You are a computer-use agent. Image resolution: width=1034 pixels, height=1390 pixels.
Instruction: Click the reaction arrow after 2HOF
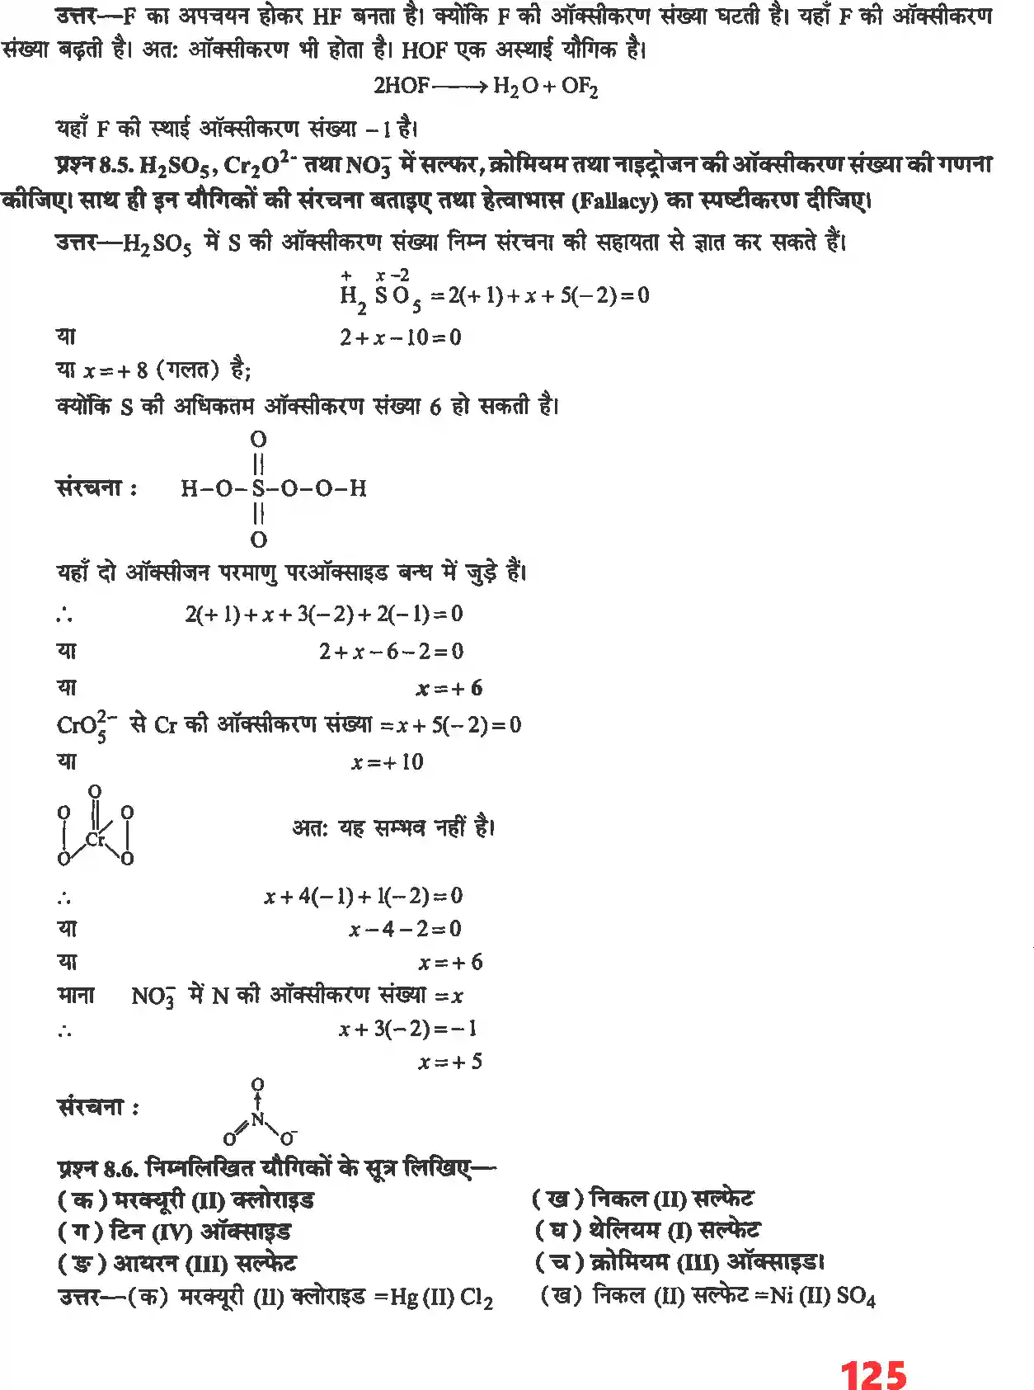pos(459,87)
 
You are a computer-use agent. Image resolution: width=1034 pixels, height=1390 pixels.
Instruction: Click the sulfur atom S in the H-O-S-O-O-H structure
pos(258,488)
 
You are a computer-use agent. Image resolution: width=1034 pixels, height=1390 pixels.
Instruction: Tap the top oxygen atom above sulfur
pos(258,439)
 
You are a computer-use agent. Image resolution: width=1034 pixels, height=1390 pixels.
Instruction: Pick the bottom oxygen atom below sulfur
pos(258,540)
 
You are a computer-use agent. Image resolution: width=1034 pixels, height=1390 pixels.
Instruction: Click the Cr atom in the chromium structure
pos(96,839)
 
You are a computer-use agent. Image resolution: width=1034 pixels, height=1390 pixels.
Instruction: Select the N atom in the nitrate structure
pos(258,1119)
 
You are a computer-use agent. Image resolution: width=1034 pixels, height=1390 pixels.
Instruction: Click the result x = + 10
pos(387,761)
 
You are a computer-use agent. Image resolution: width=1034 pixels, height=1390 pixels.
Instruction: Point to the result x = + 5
pos(449,1062)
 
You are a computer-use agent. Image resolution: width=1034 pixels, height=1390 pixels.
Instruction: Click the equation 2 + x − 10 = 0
pos(400,337)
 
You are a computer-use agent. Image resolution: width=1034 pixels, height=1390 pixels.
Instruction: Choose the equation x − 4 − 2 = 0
pos(404,929)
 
